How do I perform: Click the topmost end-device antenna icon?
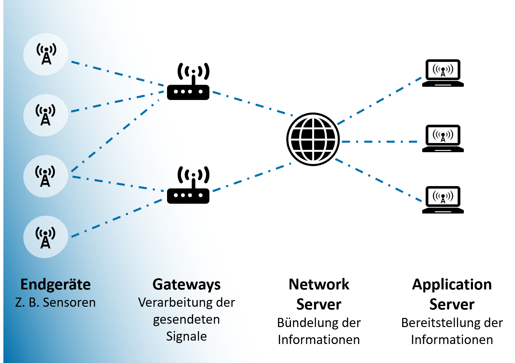pyautogui.click(x=46, y=54)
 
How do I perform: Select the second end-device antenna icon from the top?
pyautogui.click(x=45, y=115)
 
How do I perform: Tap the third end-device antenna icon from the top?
pyautogui.click(x=45, y=176)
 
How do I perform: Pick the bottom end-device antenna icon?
pyautogui.click(x=45, y=237)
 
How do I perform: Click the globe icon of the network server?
pyautogui.click(x=313, y=139)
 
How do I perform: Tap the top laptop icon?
pyautogui.click(x=443, y=73)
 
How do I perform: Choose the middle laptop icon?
pyautogui.click(x=443, y=138)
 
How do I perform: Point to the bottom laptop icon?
pyautogui.click(x=443, y=200)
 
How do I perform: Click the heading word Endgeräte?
pyautogui.click(x=56, y=285)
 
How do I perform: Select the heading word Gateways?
pyautogui.click(x=186, y=285)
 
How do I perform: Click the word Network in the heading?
pyautogui.click(x=319, y=284)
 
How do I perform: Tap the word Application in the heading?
pyautogui.click(x=452, y=285)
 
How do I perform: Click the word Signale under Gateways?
pyautogui.click(x=186, y=336)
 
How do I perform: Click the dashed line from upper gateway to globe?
pyautogui.click(x=252, y=103)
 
